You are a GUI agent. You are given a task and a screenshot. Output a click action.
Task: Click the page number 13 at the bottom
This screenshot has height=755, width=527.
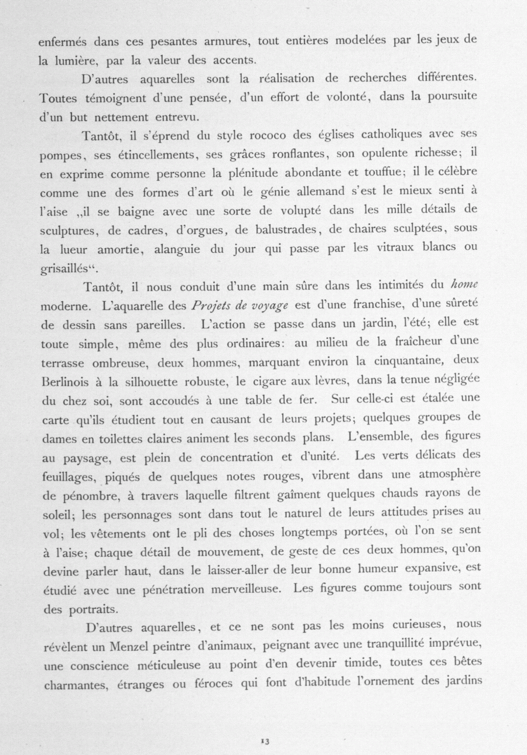point(265,725)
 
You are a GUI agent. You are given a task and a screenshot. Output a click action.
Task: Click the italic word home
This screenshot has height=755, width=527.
point(466,287)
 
